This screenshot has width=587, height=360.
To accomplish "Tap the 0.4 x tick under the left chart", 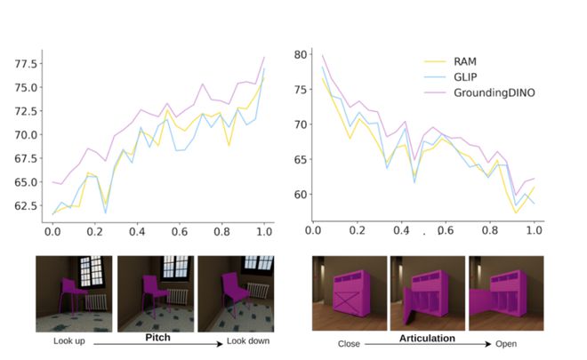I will (136, 231).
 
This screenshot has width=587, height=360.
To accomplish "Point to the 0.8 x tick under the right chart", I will (490, 230).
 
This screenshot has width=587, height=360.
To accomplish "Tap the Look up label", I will (56, 341).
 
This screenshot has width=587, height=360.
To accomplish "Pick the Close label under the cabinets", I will (346, 342).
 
